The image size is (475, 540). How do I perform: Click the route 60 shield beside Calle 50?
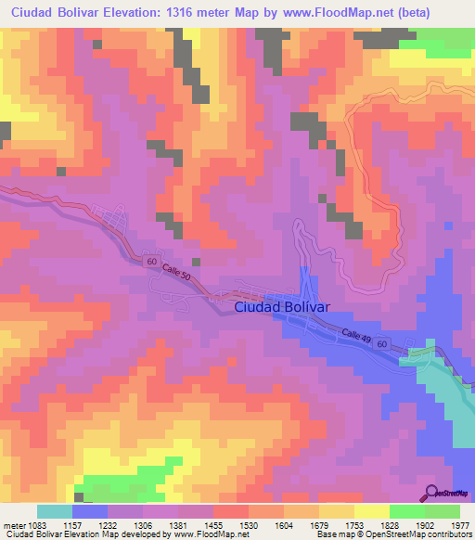(x=151, y=263)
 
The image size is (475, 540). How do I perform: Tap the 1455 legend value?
(x=214, y=524)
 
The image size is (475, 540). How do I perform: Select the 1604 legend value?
(x=285, y=524)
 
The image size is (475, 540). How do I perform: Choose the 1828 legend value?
(x=391, y=524)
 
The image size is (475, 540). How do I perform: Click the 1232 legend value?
(x=109, y=524)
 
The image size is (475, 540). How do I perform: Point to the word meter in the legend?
(x=13, y=524)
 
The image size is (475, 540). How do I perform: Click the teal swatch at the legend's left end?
(x=55, y=511)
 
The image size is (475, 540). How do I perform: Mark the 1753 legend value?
(x=355, y=524)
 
